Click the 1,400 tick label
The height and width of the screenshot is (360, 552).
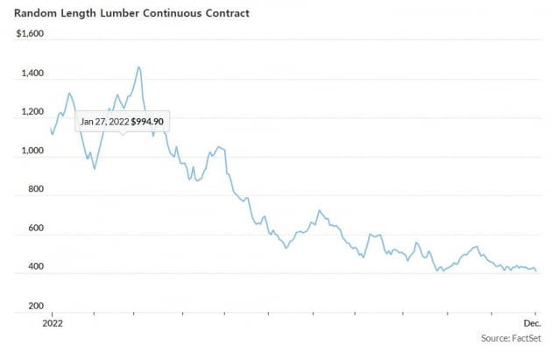pyautogui.click(x=32, y=74)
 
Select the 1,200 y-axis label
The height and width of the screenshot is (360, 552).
pyautogui.click(x=32, y=112)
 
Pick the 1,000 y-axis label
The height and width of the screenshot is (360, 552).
pyautogui.click(x=32, y=151)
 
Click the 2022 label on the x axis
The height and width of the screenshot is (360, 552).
pyautogui.click(x=52, y=322)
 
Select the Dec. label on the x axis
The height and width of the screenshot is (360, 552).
pyautogui.click(x=533, y=322)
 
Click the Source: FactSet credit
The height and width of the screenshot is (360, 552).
pyautogui.click(x=510, y=337)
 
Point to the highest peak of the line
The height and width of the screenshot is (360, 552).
pyautogui.click(x=139, y=67)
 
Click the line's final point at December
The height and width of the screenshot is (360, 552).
pyautogui.click(x=536, y=271)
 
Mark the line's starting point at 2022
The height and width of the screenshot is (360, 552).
pyautogui.click(x=51, y=129)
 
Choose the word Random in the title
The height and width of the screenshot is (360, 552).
pyautogui.click(x=33, y=14)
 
